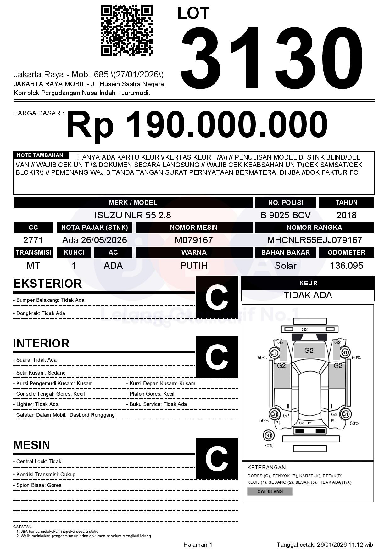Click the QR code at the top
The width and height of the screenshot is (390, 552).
(126, 30)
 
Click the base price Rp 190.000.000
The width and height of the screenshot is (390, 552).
(197, 125)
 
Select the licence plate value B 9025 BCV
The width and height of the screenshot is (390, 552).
(285, 215)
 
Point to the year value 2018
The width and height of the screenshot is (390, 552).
(346, 215)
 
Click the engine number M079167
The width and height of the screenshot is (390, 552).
(194, 240)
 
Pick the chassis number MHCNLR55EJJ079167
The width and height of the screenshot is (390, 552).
(315, 240)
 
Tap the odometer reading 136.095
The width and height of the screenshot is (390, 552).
(346, 266)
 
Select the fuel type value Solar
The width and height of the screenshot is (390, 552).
(285, 266)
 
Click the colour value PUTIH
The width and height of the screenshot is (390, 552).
(194, 266)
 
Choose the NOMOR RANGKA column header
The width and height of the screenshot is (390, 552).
(315, 227)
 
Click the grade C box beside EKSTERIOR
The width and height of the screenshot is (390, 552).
(217, 297)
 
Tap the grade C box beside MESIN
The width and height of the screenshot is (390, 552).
(217, 459)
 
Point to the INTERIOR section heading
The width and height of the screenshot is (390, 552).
(41, 343)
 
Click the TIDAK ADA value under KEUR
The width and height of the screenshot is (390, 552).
(308, 295)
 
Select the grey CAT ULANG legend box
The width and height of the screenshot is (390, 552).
(270, 491)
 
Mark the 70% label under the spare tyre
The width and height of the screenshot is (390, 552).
(269, 446)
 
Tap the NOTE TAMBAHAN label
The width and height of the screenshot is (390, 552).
(41, 155)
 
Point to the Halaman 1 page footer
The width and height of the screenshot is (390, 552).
(198, 544)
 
